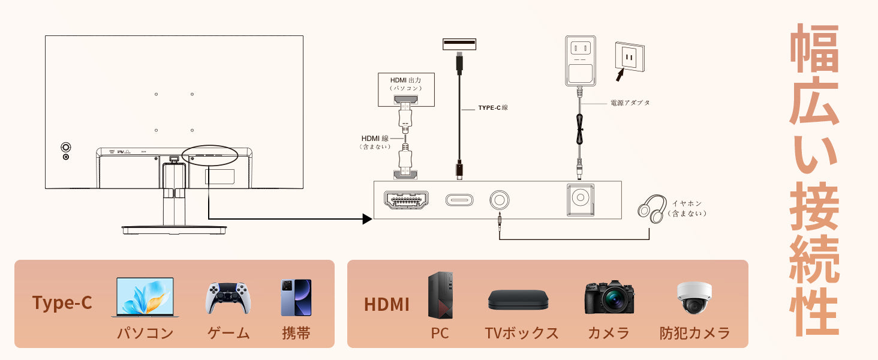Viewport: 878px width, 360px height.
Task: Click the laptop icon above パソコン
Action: pos(142,297)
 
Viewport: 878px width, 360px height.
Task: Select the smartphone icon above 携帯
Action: pos(296,298)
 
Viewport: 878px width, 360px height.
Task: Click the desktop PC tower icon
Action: pos(440,295)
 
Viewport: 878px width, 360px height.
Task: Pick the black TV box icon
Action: pos(518,299)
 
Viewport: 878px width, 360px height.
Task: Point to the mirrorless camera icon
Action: pos(609,297)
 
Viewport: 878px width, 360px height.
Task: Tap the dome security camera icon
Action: pos(694,298)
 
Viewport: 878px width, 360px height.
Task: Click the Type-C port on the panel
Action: pos(459,200)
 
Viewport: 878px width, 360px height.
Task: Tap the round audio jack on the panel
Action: pos(500,200)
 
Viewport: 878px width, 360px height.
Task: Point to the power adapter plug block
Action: pos(580,60)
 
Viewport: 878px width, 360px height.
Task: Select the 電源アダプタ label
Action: pos(630,103)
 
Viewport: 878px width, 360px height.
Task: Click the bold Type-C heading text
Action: pos(62,303)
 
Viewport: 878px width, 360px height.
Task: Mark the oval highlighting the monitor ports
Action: pos(210,155)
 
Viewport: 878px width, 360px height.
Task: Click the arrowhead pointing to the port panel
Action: pos(367,218)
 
